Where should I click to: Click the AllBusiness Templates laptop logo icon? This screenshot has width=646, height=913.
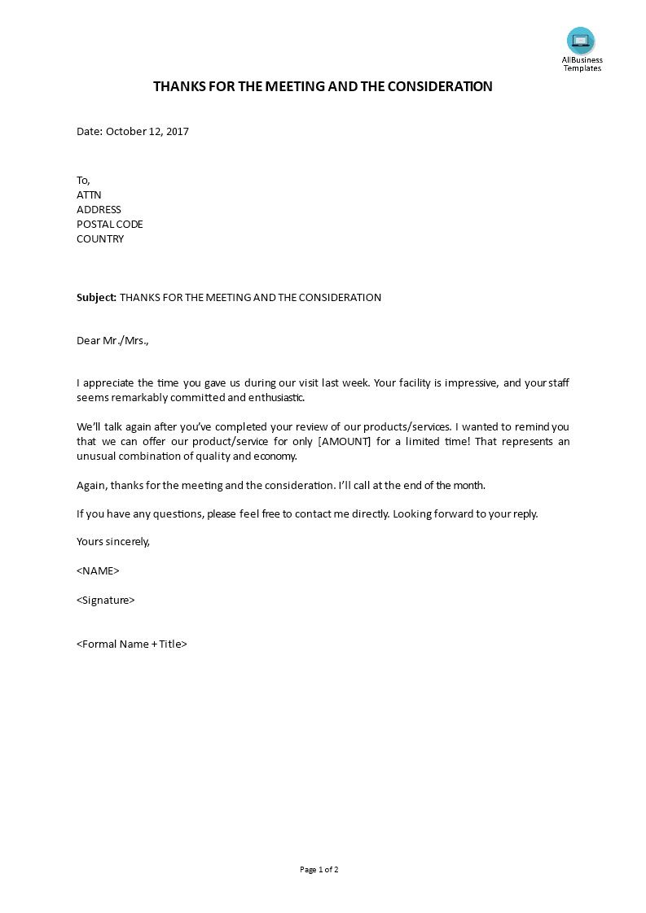click(581, 41)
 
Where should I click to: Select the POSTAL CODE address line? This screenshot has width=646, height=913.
click(109, 224)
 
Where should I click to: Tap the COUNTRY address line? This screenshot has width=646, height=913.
click(100, 238)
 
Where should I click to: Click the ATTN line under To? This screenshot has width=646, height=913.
click(89, 194)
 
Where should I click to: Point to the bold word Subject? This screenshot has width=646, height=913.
click(97, 297)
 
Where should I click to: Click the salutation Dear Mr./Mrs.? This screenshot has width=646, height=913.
click(113, 341)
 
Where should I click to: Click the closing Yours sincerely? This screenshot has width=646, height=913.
click(113, 541)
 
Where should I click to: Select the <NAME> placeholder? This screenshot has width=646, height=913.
click(98, 570)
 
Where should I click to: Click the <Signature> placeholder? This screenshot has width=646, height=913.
click(106, 600)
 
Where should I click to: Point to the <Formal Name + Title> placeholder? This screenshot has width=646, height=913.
click(132, 644)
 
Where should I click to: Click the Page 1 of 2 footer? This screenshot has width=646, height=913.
click(319, 869)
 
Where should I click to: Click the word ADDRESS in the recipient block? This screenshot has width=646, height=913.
click(99, 209)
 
